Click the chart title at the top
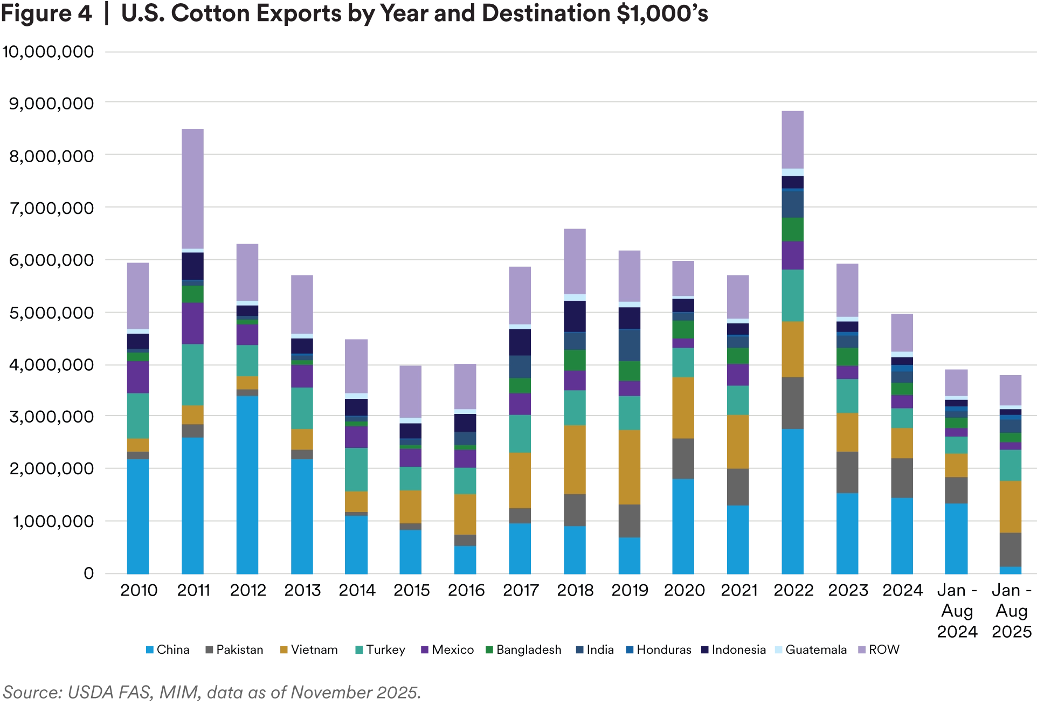click(x=356, y=13)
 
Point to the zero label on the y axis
click(x=90, y=575)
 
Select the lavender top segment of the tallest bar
click(x=793, y=138)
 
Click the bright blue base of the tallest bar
click(x=793, y=501)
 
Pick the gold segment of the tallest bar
click(x=793, y=349)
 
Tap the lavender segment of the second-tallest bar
click(x=193, y=188)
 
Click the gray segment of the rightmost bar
click(x=1009, y=550)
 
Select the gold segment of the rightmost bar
click(x=1009, y=507)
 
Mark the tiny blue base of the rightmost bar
click(x=1009, y=571)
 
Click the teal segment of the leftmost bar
click(x=137, y=416)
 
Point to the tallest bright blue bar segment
click(x=246, y=485)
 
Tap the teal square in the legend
click(x=358, y=649)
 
